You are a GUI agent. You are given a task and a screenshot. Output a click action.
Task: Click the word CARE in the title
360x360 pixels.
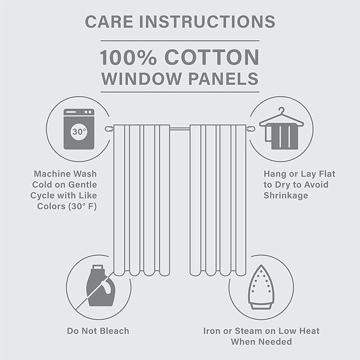coord(109,22)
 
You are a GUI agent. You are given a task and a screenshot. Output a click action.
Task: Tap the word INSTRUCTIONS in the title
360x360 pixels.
coord(207,22)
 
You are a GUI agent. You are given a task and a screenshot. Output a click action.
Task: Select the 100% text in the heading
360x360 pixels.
coord(128,57)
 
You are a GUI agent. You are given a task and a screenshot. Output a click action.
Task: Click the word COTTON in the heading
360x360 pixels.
coord(212,57)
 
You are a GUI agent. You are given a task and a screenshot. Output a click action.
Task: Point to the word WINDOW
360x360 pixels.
coord(142,78)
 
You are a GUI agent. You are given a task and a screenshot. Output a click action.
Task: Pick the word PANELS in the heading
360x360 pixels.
coord(223,78)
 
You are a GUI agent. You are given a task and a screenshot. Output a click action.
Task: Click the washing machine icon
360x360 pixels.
coord(79,129)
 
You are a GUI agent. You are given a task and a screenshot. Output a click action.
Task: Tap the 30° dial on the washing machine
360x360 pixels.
coord(79,131)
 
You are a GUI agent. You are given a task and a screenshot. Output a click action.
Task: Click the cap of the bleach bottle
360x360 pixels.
coord(98,267)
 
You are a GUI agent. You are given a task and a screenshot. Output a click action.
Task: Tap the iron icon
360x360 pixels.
coord(261,287)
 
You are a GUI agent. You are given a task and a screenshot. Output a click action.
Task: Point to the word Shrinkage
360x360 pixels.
coord(286,196)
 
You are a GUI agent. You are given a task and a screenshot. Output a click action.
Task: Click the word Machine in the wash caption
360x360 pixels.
coord(48,174)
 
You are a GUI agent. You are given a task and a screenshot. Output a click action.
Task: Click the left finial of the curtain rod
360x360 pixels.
coord(109,129)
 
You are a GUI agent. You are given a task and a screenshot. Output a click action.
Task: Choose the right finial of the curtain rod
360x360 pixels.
coord(250,129)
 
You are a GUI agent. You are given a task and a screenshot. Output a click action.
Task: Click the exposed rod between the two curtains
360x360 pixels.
coord(180,129)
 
